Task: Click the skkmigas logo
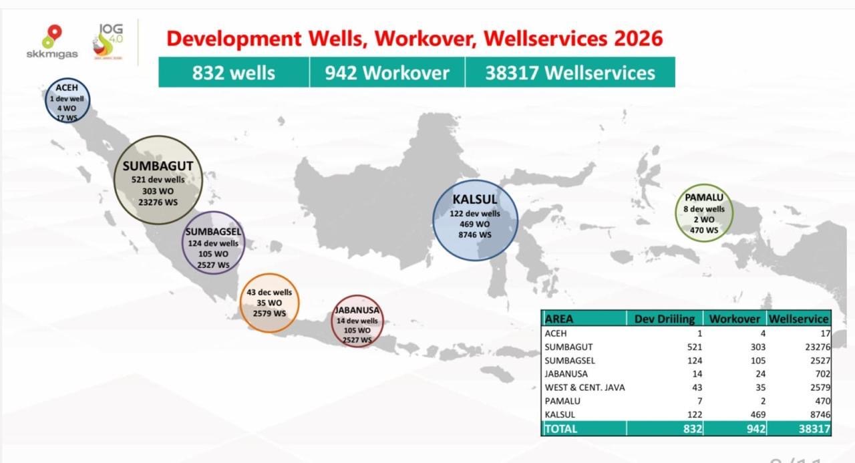pyautogui.click(x=52, y=42)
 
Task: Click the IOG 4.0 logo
pyautogui.click(x=108, y=41)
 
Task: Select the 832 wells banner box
pyautogui.click(x=234, y=72)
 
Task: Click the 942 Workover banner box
pyautogui.click(x=387, y=72)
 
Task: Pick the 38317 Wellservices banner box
pyautogui.click(x=570, y=72)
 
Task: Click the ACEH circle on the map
pyautogui.click(x=67, y=100)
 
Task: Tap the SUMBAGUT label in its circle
pyautogui.click(x=158, y=166)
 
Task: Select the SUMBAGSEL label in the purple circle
pyautogui.click(x=213, y=232)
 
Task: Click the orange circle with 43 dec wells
pyautogui.click(x=269, y=303)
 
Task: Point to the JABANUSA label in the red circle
pyautogui.click(x=357, y=310)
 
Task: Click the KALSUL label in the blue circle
pyautogui.click(x=475, y=199)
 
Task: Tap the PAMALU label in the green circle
pyautogui.click(x=704, y=197)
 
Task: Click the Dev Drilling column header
pyautogui.click(x=665, y=319)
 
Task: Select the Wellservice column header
pyautogui.click(x=798, y=319)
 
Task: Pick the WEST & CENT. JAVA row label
pyautogui.click(x=584, y=388)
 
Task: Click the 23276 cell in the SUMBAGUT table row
pyautogui.click(x=817, y=347)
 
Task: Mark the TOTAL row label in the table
pyautogui.click(x=561, y=429)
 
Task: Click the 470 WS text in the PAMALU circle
pyautogui.click(x=704, y=230)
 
